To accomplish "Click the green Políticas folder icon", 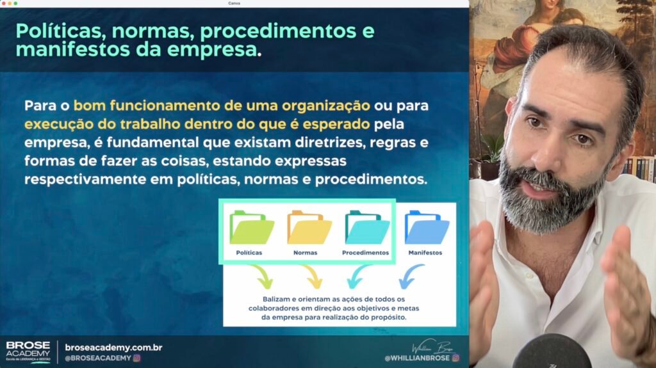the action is click(251, 227).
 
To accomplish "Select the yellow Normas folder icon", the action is click(309, 227).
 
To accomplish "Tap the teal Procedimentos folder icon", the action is click(367, 227).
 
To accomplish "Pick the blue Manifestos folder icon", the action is click(427, 227).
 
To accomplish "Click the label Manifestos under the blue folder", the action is click(425, 253).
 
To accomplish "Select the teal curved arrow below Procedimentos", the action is click(357, 276).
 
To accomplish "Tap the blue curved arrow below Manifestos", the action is click(409, 276).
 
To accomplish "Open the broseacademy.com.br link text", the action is click(113, 348).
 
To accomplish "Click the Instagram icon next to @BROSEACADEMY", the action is click(137, 358).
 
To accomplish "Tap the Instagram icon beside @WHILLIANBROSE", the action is click(455, 358).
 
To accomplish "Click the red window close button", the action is click(3, 3).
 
